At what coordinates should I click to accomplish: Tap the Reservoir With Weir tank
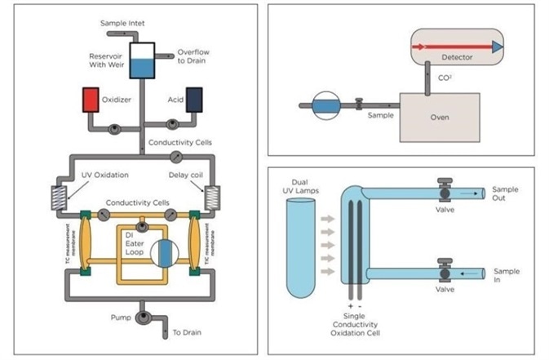(143, 61)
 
